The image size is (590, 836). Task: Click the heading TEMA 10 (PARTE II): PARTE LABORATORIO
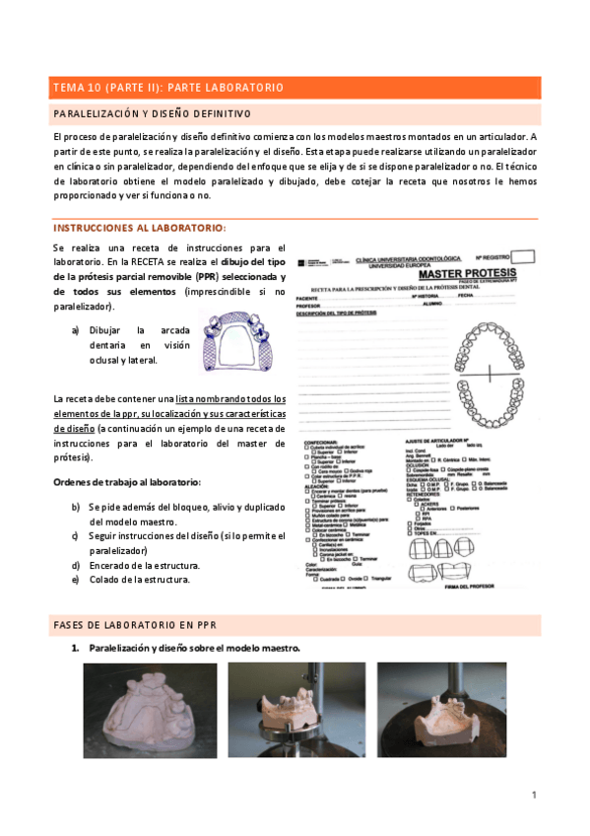(168, 88)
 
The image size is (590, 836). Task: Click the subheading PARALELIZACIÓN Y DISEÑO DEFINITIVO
(153, 113)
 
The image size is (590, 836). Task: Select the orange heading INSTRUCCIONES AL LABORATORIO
(140, 227)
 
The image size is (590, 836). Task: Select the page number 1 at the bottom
(533, 794)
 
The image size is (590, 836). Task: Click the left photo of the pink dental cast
(150, 710)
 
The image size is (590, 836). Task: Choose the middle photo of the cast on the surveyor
(295, 710)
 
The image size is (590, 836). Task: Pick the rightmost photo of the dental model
(441, 710)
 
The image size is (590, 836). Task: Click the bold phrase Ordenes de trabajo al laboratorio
(127, 481)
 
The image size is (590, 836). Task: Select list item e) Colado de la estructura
(139, 580)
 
